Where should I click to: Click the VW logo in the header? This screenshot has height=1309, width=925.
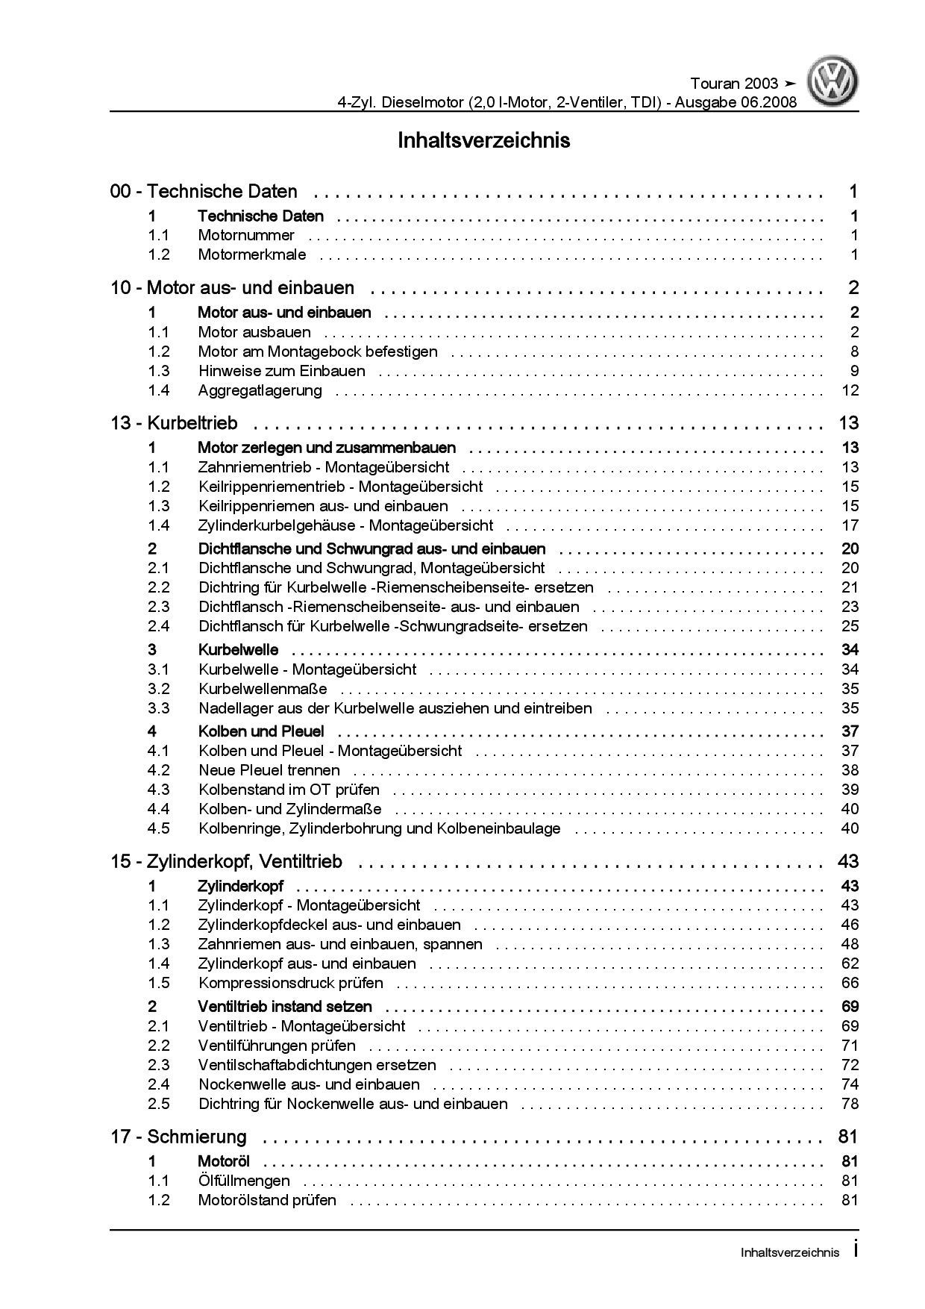pos(835,82)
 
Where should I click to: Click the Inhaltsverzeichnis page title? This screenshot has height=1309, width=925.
pos(483,140)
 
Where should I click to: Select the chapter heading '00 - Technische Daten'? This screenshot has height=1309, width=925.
pos(204,192)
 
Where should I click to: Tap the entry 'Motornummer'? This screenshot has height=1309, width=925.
pos(246,235)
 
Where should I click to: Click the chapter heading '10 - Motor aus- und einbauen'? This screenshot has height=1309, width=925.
pos(233,288)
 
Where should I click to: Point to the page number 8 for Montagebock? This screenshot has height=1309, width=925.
pos(854,352)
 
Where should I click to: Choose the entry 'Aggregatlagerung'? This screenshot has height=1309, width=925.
pos(260,390)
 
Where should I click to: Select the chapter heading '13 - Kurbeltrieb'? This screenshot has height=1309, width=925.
pos(174,423)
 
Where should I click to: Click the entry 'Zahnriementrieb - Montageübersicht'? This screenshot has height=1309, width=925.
pos(323,467)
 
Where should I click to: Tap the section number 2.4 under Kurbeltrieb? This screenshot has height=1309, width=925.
pos(159,626)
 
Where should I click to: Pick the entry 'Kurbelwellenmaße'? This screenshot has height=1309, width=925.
pos(263,689)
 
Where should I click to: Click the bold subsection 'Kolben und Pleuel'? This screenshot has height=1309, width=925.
pos(261,731)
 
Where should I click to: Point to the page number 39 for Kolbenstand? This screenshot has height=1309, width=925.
pos(850,790)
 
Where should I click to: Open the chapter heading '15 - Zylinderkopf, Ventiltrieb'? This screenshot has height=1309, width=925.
pos(226,862)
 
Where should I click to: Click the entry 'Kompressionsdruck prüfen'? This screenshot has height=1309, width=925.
pos(290,983)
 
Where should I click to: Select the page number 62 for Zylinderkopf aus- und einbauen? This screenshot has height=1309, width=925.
pos(850,963)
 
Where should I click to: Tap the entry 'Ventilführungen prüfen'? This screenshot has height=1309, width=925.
pos(277,1046)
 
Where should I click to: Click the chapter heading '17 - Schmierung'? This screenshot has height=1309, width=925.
pos(178,1137)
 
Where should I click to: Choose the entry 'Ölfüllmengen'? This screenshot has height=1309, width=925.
pos(244,1181)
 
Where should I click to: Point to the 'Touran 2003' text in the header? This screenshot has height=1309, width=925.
pos(734,84)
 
